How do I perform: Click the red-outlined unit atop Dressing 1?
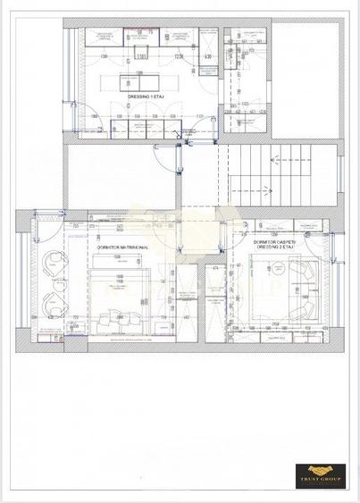click(136, 37)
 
